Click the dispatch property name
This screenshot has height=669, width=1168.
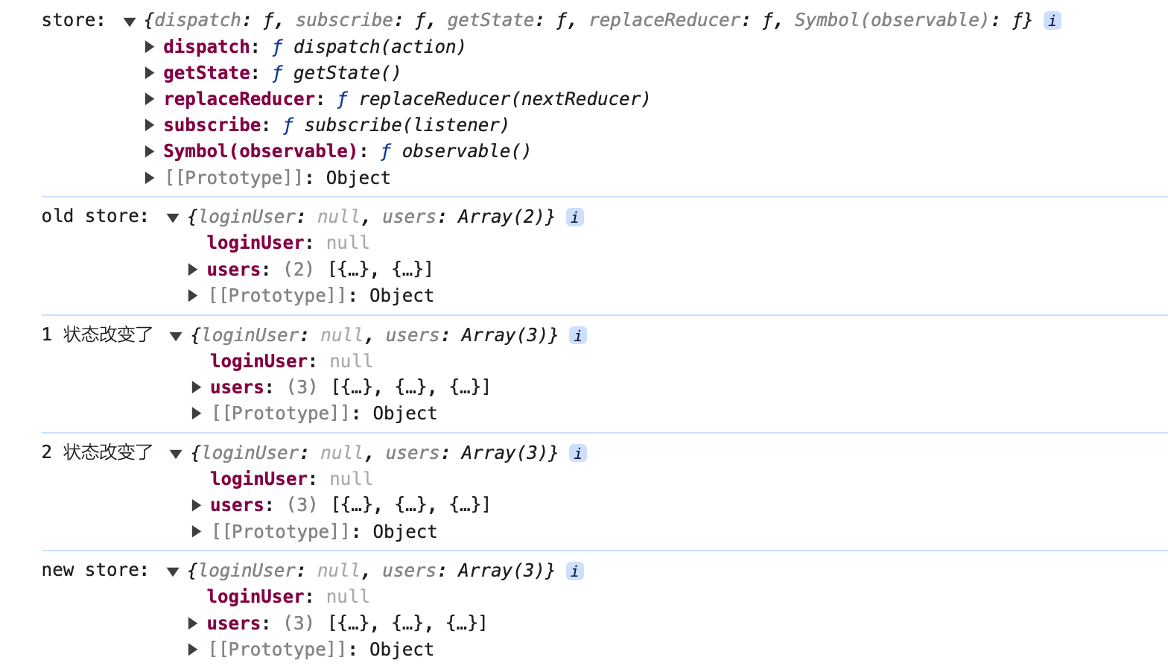206,47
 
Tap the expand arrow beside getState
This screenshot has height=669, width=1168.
150,73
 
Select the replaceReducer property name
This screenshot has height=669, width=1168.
239,99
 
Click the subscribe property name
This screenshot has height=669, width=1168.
212,125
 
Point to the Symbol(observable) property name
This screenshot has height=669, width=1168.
260,151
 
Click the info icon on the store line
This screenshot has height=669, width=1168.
1053,21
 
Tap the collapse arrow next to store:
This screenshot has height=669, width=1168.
130,22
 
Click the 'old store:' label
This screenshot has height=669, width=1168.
95,216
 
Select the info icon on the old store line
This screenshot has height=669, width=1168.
574,217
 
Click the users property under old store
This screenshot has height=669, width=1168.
234,270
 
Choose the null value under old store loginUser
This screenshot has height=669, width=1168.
348,243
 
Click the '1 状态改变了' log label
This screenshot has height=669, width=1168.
98,334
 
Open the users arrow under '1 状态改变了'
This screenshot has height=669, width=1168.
196,387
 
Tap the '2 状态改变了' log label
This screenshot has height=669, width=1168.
98,452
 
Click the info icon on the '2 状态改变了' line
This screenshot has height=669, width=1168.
578,453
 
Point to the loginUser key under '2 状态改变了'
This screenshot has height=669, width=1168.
258,479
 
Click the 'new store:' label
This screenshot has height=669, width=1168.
95,570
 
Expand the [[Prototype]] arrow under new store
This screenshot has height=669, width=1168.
193,649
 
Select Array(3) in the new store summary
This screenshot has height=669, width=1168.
501,571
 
